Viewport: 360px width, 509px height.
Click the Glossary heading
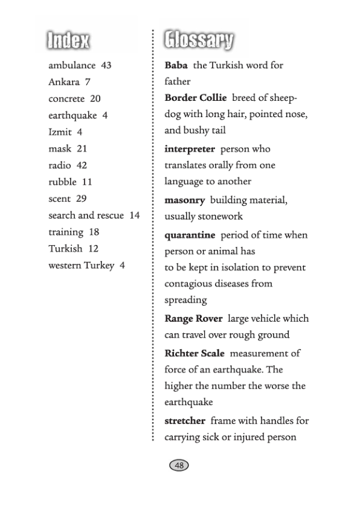[199, 40]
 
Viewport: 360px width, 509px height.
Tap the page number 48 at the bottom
[179, 465]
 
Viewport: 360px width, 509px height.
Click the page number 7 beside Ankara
[88, 82]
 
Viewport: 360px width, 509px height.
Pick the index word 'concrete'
[66, 98]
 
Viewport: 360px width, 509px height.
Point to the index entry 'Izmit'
[60, 132]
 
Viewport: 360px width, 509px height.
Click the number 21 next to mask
[82, 148]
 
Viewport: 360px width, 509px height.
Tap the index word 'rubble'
[62, 182]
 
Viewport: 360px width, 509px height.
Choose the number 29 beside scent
[82, 198]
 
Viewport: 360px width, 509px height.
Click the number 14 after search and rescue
[134, 215]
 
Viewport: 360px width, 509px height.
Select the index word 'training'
[66, 232]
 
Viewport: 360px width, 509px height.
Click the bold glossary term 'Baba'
[176, 65]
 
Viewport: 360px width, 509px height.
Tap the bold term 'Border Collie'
[195, 98]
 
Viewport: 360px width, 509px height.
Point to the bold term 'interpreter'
[189, 149]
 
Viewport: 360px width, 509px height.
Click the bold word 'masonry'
[184, 200]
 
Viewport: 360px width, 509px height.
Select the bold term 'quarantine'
[190, 235]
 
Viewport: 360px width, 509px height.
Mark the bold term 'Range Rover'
[193, 318]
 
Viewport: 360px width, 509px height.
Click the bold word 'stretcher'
[185, 420]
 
